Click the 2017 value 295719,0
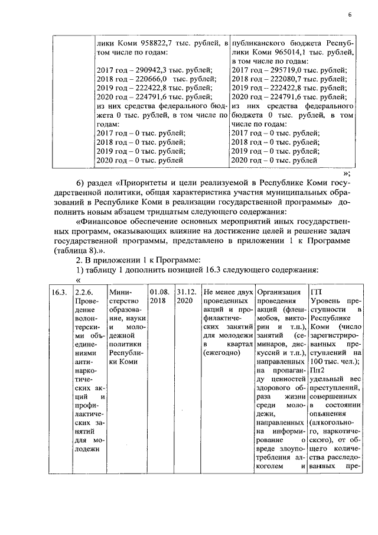coord(285,70)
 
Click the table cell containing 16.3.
coord(58,292)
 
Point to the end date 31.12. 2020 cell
coord(185,296)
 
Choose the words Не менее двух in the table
coord(227,292)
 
